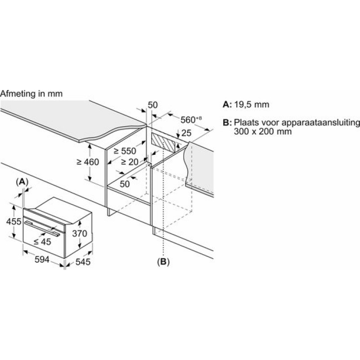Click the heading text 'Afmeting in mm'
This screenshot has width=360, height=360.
[31, 94]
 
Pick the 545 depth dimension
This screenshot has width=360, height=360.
[82, 262]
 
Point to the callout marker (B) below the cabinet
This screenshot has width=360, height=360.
[163, 262]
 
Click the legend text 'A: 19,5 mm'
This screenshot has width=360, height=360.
[246, 105]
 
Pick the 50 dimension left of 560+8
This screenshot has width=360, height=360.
[153, 105]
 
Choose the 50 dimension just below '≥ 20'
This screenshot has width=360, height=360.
[125, 184]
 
